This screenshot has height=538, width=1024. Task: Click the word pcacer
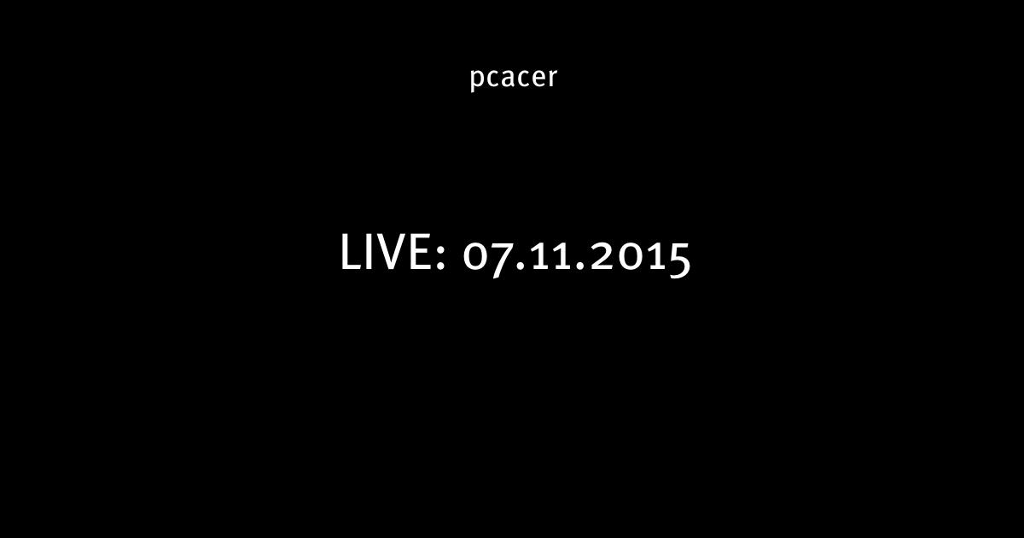(x=514, y=79)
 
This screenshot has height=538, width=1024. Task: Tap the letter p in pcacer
(x=477, y=79)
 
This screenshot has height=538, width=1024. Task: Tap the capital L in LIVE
(x=351, y=252)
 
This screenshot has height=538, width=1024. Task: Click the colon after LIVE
(x=441, y=259)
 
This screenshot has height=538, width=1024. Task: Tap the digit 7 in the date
(x=501, y=260)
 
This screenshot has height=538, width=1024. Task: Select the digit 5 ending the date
(x=679, y=260)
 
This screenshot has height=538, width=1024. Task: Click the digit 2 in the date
(x=602, y=257)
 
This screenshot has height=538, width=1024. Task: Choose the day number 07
(x=488, y=260)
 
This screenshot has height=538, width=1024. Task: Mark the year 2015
(x=640, y=260)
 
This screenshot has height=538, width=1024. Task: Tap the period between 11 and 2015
(x=579, y=266)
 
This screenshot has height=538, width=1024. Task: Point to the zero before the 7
(x=475, y=257)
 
